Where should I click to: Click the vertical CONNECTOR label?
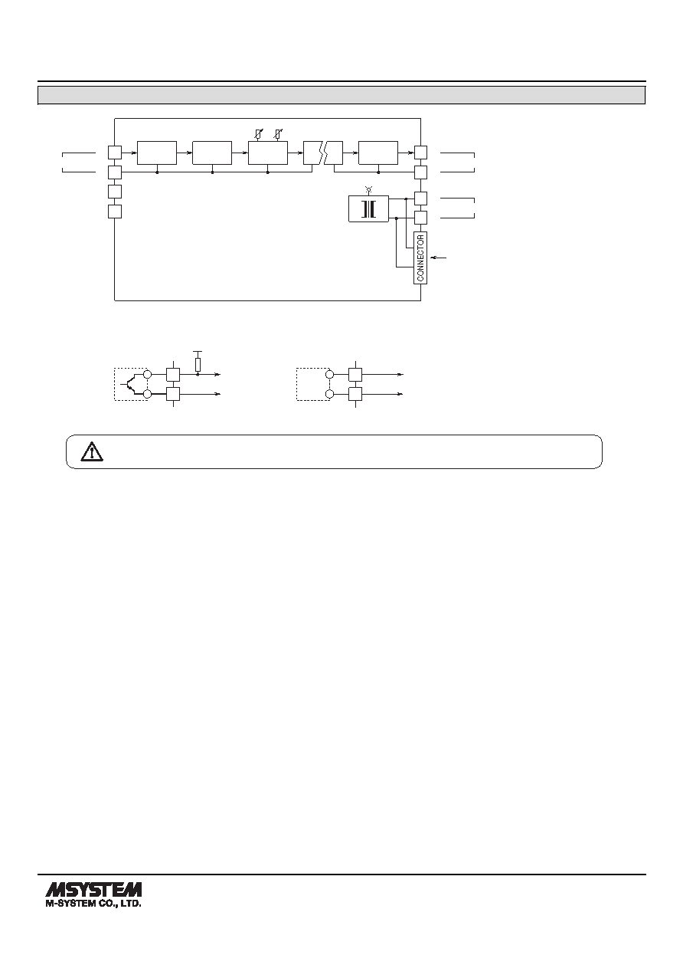420,258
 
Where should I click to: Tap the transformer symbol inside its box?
368,209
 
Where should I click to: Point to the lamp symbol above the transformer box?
368,189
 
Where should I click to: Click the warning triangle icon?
92,451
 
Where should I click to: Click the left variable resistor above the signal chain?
258,134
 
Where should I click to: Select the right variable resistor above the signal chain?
278,134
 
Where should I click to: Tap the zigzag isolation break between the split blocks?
323,153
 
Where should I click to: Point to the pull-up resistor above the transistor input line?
198,364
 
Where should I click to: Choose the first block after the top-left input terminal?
157,153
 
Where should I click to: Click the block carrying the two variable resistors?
268,153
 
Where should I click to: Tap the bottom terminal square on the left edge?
114,212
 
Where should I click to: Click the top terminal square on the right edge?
420,153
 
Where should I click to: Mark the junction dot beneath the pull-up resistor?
198,374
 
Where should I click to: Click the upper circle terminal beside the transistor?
147,374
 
